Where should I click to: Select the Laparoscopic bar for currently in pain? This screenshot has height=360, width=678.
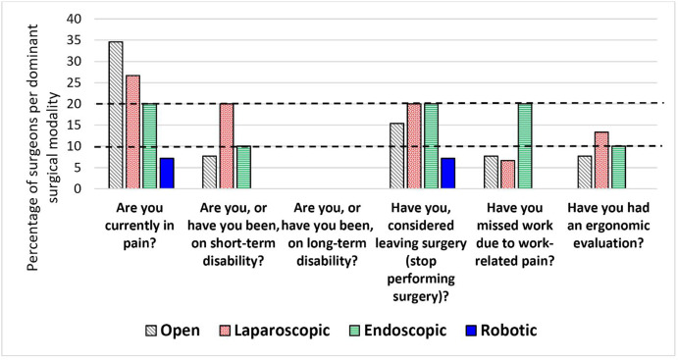tap(132, 132)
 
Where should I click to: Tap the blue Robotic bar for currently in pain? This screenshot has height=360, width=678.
tap(166, 174)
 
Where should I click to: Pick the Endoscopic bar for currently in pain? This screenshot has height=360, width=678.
tap(149, 146)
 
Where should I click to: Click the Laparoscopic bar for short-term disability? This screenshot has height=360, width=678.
tap(226, 146)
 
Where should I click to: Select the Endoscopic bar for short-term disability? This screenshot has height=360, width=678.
tap(242, 168)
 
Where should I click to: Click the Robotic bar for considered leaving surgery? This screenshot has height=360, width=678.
tap(447, 174)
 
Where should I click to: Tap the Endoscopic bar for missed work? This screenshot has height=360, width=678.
tap(524, 146)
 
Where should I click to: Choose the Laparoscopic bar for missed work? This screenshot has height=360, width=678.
tap(507, 175)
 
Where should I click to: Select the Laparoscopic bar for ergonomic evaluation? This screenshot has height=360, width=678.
tap(601, 161)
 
